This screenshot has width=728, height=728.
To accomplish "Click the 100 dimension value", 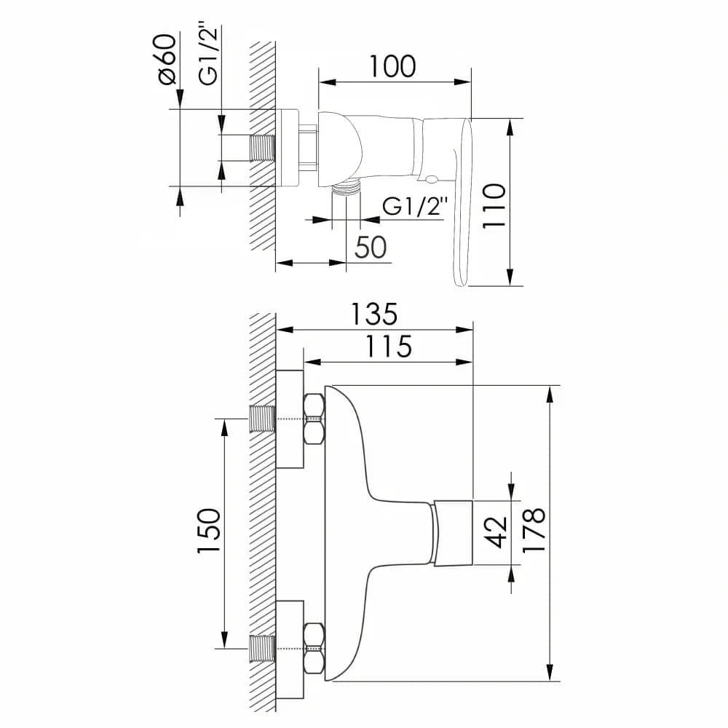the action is click(x=392, y=66).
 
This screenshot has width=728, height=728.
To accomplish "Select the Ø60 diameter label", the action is click(x=167, y=60).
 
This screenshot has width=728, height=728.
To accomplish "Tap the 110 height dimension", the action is click(x=494, y=206).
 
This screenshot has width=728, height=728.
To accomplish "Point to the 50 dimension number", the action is click(x=371, y=247).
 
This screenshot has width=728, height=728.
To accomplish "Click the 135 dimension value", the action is click(x=374, y=314).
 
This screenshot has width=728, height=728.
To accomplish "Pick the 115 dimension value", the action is click(x=389, y=347).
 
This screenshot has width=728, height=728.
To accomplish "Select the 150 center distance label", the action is click(x=208, y=531).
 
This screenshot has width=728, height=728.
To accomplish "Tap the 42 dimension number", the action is click(x=495, y=532).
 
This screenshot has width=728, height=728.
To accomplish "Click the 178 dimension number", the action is click(x=534, y=530).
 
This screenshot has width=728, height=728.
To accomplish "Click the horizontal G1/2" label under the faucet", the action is click(x=415, y=206).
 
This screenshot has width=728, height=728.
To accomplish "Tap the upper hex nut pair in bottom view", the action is click(x=314, y=419).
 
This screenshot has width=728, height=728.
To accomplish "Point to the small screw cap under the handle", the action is click(x=430, y=179).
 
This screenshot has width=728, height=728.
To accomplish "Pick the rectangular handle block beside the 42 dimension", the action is click(x=454, y=533).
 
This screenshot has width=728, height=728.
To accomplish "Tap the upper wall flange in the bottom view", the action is click(x=289, y=419).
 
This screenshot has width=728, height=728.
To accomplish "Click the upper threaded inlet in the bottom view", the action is click(x=263, y=419).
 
